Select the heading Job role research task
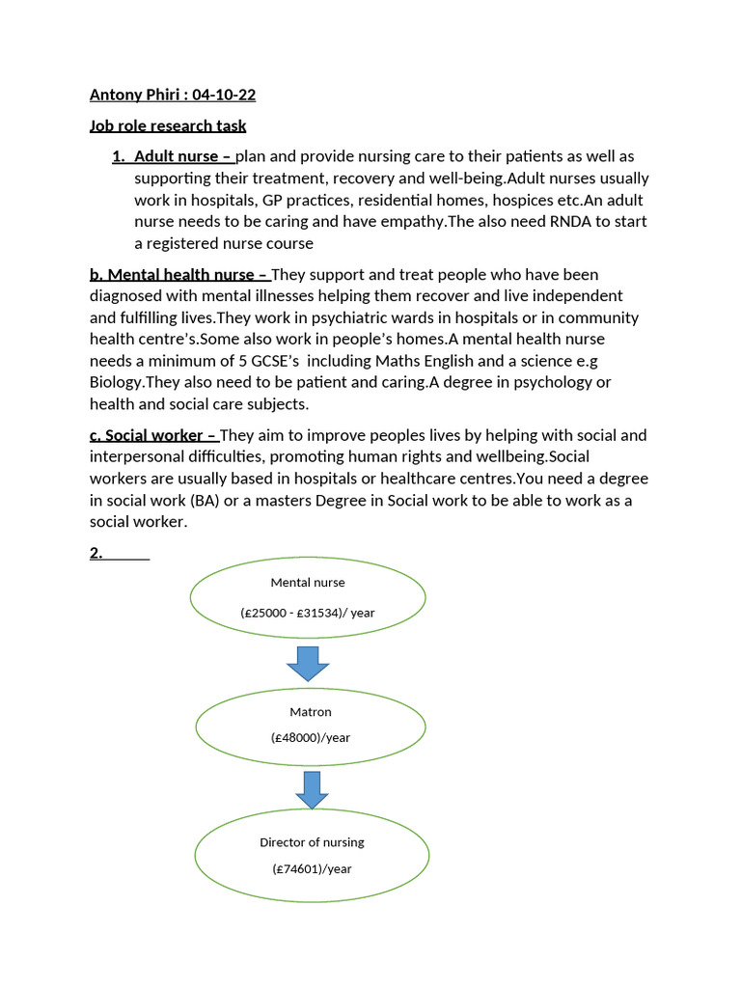click(168, 125)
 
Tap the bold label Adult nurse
click(177, 156)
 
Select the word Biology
click(116, 381)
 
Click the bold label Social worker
click(153, 435)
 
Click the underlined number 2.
click(96, 554)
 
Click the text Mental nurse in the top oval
click(308, 583)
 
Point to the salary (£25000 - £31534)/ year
click(308, 613)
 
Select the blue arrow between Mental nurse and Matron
click(309, 664)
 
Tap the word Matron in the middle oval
click(311, 712)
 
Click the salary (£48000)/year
click(311, 738)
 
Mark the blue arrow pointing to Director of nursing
click(312, 789)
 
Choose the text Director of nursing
click(312, 842)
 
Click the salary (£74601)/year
click(312, 869)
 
